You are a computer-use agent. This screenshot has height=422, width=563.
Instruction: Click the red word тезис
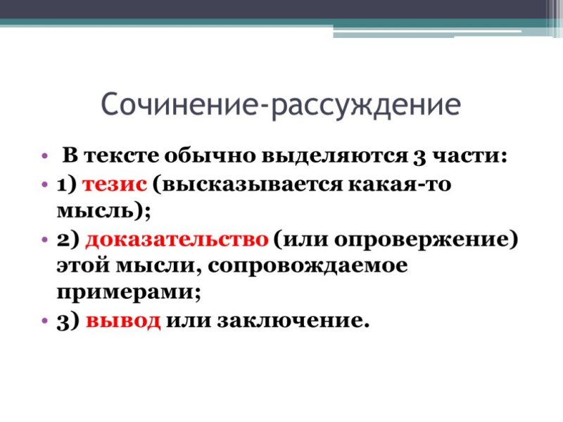coord(113,184)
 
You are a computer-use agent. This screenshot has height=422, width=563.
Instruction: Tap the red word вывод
coord(123,321)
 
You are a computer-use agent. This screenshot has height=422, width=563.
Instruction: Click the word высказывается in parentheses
coord(248,184)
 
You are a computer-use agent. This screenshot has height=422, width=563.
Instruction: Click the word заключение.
coord(293,321)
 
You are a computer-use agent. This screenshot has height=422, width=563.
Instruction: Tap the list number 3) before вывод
coord(68,321)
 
